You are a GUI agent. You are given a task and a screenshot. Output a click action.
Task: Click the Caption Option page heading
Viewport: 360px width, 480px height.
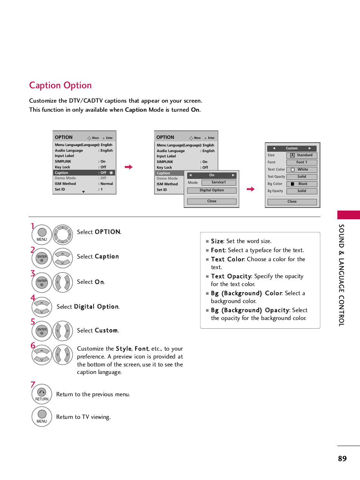(x=60, y=85)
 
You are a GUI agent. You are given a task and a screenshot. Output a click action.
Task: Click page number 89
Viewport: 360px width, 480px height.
(x=342, y=458)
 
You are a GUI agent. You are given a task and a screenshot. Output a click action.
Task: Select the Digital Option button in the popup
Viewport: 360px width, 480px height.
(x=212, y=191)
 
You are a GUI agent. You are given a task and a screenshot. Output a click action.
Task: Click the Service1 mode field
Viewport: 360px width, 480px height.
(x=218, y=182)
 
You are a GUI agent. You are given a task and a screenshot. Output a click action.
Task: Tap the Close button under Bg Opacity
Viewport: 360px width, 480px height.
(x=292, y=202)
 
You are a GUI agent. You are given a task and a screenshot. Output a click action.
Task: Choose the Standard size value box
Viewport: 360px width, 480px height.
(x=302, y=155)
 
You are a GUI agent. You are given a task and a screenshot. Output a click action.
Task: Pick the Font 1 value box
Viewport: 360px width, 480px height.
(x=302, y=162)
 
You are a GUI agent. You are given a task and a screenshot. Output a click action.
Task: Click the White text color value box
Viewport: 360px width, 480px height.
(x=302, y=169)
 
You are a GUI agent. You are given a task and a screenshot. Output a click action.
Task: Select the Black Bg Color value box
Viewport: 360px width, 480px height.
(x=302, y=184)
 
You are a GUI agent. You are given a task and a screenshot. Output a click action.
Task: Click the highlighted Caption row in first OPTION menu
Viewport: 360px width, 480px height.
(x=84, y=173)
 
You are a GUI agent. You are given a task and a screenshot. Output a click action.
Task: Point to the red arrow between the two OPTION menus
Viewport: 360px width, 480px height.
(x=129, y=167)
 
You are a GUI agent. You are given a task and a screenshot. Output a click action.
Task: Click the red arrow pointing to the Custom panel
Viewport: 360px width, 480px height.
(x=251, y=189)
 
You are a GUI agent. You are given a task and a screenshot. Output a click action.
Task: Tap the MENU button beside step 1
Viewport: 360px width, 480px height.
(x=42, y=234)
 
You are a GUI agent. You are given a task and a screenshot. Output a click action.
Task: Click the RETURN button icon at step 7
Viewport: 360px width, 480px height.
(x=42, y=394)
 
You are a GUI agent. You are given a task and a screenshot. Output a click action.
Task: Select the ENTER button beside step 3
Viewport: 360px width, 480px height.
(x=42, y=282)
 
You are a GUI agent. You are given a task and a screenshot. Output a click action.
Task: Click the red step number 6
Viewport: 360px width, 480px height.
(x=33, y=345)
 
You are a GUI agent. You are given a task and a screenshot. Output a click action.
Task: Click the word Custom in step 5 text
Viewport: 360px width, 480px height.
(x=106, y=331)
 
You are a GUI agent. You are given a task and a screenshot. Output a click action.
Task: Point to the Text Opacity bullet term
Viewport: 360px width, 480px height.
(x=231, y=276)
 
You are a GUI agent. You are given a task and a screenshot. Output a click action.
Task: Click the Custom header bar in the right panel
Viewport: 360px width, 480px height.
(x=292, y=148)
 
